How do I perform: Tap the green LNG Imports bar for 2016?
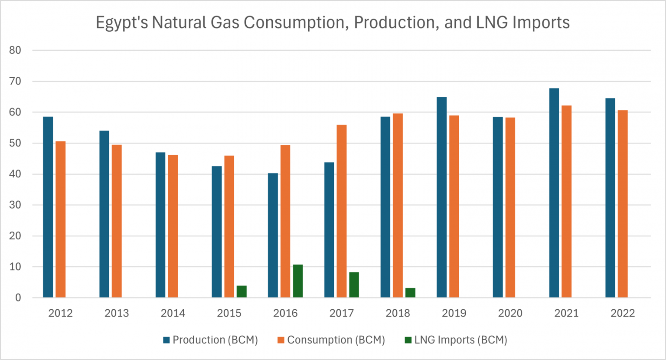[x=297, y=281]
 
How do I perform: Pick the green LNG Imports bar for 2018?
[x=410, y=293]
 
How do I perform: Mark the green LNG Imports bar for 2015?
[x=242, y=291]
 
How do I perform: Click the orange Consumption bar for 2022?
[x=622, y=204]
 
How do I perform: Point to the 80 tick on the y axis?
[x=15, y=50]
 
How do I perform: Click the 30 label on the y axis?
[x=15, y=205]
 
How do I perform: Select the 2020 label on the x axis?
[x=510, y=313]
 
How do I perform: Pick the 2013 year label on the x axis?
[x=117, y=313]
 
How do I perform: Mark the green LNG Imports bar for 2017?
[x=354, y=285]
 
